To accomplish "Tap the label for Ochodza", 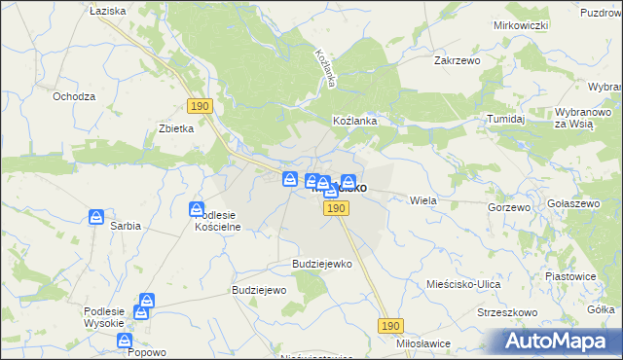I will pyautogui.click(x=74, y=96).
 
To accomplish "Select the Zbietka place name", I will pyautogui.click(x=177, y=127).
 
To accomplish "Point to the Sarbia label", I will pyautogui.click(x=126, y=226).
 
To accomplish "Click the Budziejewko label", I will pyautogui.click(x=321, y=264).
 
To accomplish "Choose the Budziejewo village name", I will pyautogui.click(x=257, y=290).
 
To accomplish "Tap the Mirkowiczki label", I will pyautogui.click(x=517, y=24).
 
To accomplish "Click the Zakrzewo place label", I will pyautogui.click(x=457, y=59).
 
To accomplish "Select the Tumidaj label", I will pyautogui.click(x=506, y=119).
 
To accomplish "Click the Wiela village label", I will pyautogui.click(x=423, y=200).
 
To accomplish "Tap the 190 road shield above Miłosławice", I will pyautogui.click(x=390, y=327).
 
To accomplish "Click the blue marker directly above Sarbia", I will pyautogui.click(x=96, y=217).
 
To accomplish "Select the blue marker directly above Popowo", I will pyautogui.click(x=125, y=342).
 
